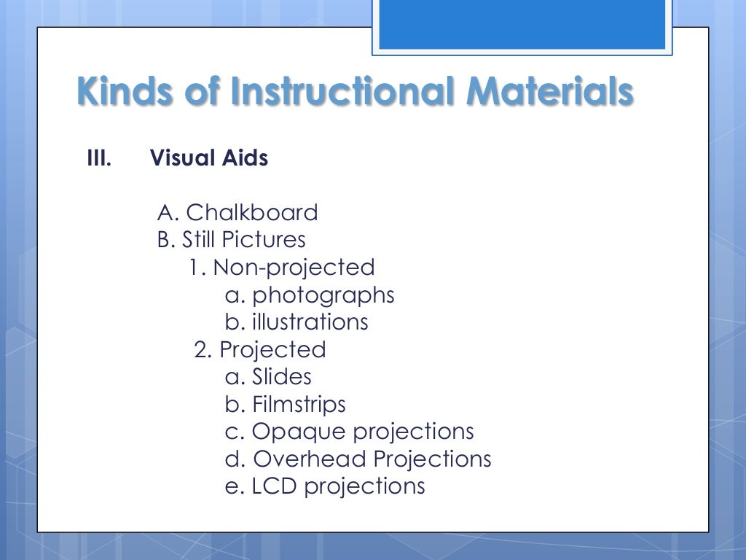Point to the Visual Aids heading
coord(209,157)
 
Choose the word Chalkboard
coord(252,213)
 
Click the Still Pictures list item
coord(243,240)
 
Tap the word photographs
coord(323,295)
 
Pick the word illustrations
coord(310,322)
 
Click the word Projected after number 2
coord(272,350)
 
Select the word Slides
coord(281,377)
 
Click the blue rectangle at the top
coord(522,25)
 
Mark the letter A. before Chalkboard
coord(168,213)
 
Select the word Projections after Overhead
coord(433,459)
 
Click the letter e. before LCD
coord(234,486)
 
